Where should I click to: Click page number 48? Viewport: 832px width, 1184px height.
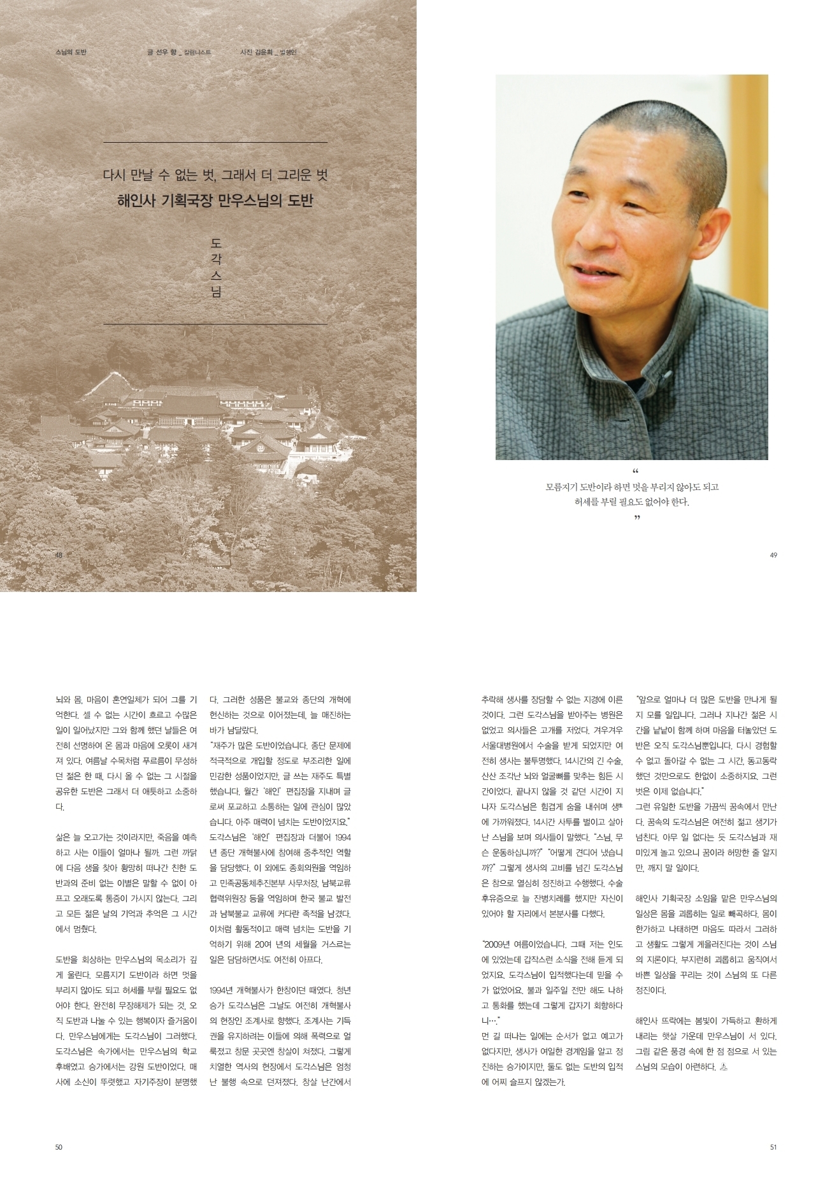pos(59,555)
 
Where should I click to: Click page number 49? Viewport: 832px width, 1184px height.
pos(773,555)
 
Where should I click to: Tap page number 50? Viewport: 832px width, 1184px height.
pos(59,1147)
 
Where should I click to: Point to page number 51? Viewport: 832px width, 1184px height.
pos(773,1147)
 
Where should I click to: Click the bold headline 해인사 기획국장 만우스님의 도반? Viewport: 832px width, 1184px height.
pos(215,201)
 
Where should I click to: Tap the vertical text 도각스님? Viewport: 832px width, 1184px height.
pos(216,268)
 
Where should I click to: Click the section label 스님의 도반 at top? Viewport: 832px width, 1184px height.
pos(71,52)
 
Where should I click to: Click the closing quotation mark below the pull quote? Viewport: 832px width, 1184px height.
pos(636,517)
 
